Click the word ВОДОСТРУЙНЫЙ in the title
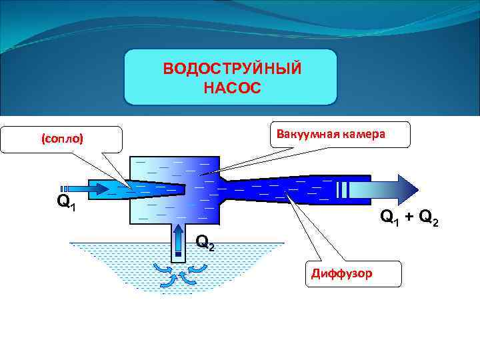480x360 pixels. (231, 69)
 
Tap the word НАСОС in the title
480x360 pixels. (231, 87)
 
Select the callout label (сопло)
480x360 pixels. (62, 139)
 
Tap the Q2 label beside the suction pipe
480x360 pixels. (205, 243)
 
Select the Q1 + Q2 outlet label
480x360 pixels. (409, 218)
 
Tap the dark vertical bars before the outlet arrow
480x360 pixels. (343, 189)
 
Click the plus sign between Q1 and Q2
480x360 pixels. (407, 217)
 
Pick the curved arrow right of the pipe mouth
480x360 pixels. (196, 269)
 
